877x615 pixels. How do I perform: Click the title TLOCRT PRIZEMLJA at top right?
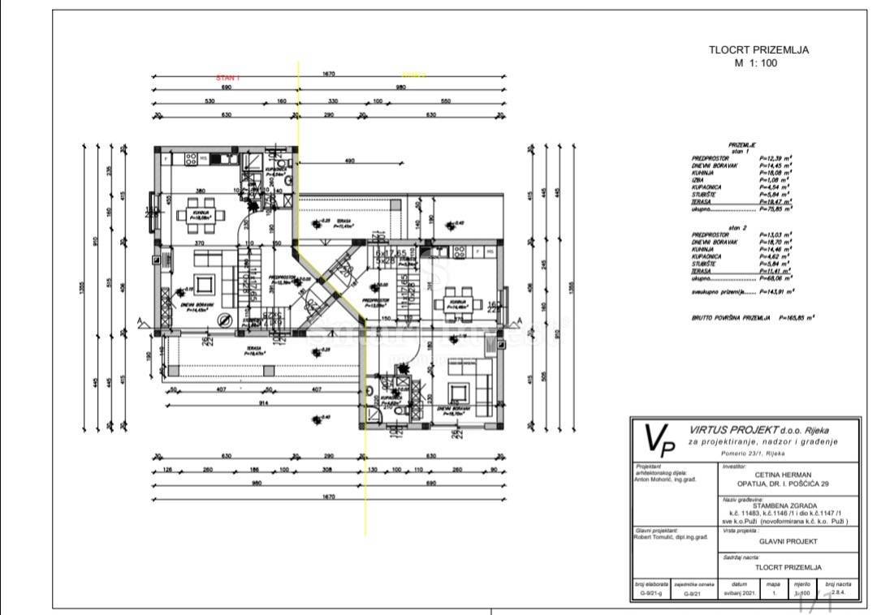[758, 49]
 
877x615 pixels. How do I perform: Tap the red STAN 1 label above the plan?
[227, 77]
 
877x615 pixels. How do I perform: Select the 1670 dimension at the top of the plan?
[329, 74]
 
